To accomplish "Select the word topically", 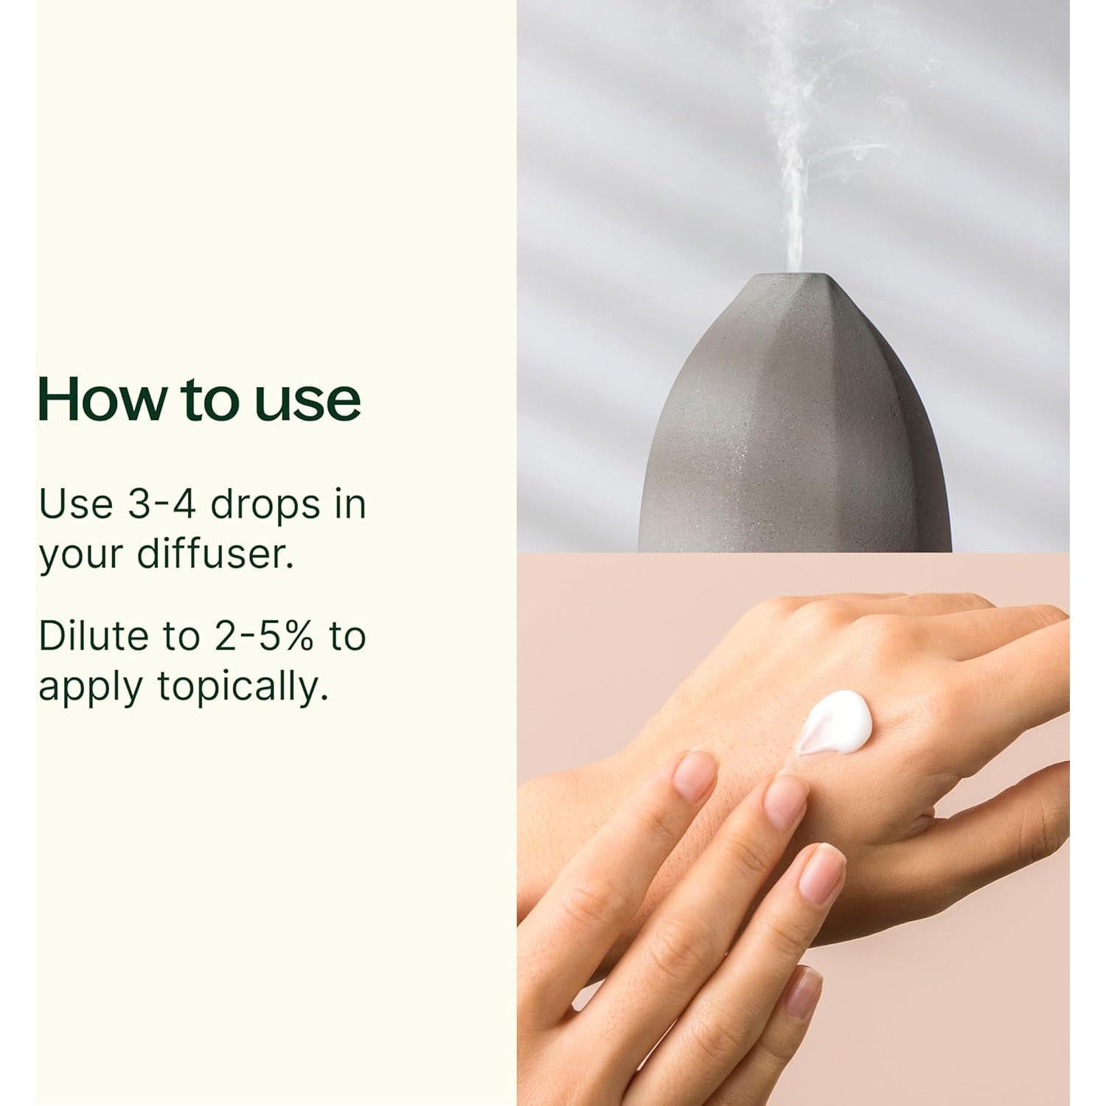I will [x=243, y=688].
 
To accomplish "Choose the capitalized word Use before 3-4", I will [x=76, y=505].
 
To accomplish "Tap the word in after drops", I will [x=349, y=505].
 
